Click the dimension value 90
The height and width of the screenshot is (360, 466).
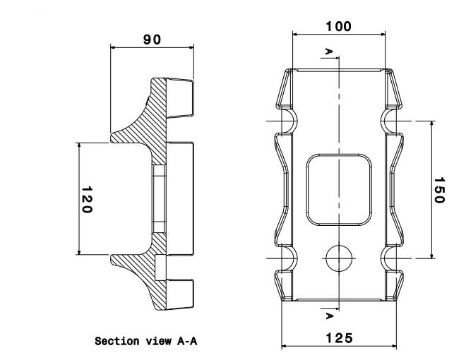point(152,40)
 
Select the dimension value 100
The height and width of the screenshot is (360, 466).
point(338,27)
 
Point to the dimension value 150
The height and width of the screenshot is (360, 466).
point(438,189)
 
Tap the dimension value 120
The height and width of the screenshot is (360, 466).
point(88,199)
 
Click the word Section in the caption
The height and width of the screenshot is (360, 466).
point(115,342)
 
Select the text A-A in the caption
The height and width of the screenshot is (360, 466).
point(186,342)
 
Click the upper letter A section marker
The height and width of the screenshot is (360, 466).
point(328,52)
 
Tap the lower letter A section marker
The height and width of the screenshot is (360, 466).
point(328,314)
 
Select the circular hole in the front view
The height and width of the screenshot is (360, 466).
point(339,258)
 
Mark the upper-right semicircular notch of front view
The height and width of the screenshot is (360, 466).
point(390,121)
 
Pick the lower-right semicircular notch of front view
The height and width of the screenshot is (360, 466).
point(390,258)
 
